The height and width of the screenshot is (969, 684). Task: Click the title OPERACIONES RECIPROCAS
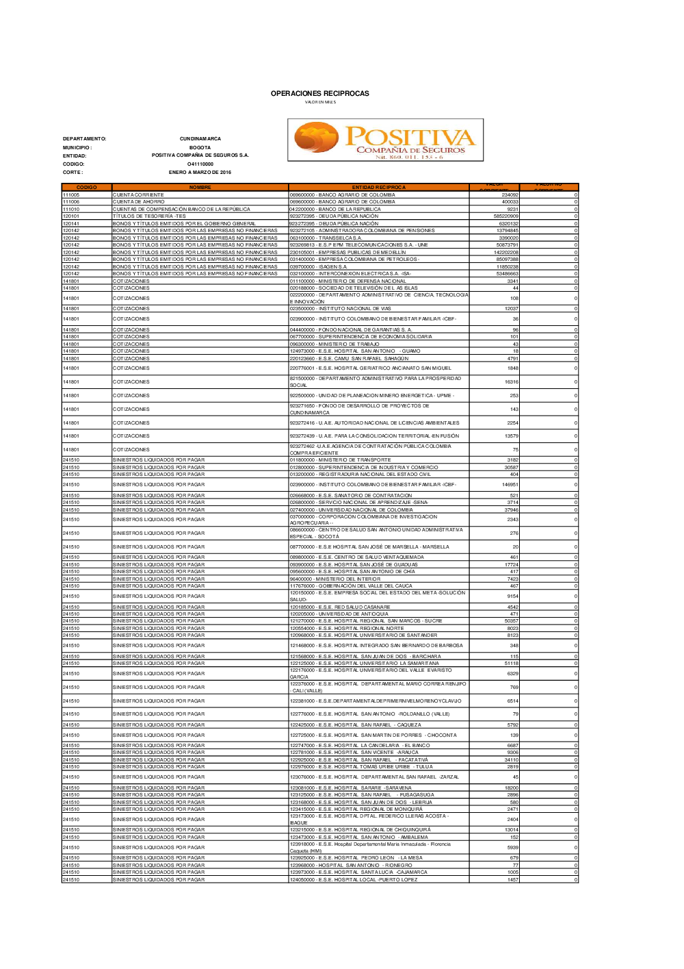tap(319, 94)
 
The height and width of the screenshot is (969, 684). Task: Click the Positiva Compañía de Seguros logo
tap(385, 140)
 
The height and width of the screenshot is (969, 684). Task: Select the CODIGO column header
tap(87, 188)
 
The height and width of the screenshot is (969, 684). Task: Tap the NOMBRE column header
tap(200, 188)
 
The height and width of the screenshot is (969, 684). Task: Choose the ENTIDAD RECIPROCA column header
tap(378, 188)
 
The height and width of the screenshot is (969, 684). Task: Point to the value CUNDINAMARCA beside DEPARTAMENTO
tap(200, 139)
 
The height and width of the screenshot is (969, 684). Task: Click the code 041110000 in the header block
tap(200, 164)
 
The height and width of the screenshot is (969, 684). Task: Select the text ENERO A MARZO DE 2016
tap(200, 173)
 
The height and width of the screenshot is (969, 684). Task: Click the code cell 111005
tap(71, 195)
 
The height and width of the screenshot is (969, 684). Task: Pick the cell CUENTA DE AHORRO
tap(139, 202)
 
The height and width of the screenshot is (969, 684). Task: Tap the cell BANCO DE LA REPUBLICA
tap(335, 210)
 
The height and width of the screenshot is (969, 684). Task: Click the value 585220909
tap(506, 216)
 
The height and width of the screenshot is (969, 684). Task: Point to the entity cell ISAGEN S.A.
tap(319, 267)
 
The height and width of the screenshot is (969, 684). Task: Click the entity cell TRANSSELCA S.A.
tap(326, 238)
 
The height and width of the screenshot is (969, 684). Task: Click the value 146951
tap(510, 485)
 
